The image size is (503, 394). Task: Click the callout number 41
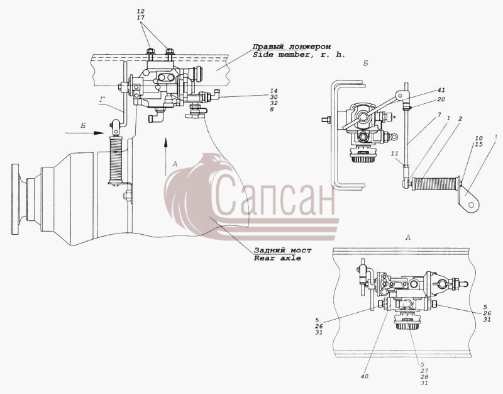(x=441, y=90)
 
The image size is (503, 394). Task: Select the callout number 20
(x=441, y=99)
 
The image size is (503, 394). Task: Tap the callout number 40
(x=365, y=376)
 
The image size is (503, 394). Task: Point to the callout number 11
(x=395, y=154)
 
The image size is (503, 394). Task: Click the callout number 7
(x=439, y=115)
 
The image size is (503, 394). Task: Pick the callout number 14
(x=274, y=91)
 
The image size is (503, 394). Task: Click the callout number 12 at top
(x=140, y=11)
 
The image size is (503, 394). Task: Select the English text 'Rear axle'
(x=277, y=258)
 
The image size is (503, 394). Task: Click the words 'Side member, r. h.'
(x=299, y=55)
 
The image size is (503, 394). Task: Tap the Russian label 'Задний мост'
(x=282, y=250)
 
